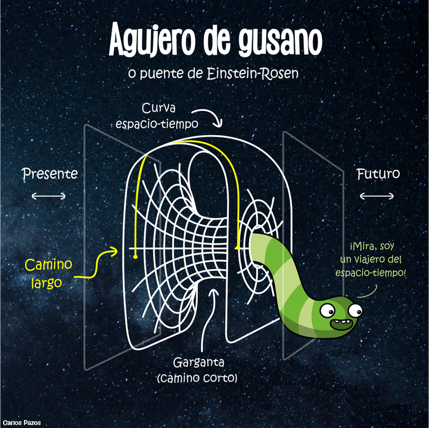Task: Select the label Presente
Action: (50, 174)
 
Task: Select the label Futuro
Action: (377, 174)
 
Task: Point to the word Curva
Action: (159, 109)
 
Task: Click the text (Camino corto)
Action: (198, 378)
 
